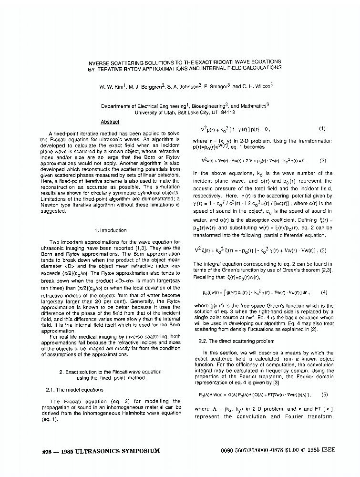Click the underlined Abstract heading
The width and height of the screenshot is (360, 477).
point(110,122)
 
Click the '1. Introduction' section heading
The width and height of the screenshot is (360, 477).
point(110,230)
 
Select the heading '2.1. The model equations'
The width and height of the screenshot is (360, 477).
point(74,390)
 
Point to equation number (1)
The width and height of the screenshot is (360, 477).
point(322,129)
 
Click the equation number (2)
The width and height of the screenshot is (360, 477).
point(323,161)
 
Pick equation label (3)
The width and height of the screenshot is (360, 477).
point(323,250)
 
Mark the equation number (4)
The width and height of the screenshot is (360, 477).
point(324,292)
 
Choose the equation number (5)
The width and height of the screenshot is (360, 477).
point(324,394)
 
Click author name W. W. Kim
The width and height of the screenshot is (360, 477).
point(111,87)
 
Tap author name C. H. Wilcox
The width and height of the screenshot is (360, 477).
point(256,87)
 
